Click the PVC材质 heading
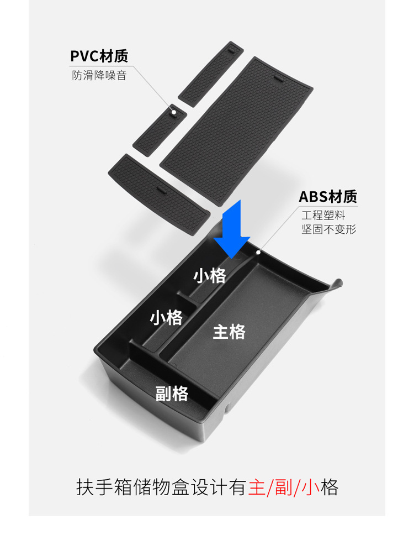click(x=99, y=56)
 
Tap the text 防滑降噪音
click(x=99, y=75)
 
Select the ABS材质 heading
click(x=328, y=196)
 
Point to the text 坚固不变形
click(x=328, y=228)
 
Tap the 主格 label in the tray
click(x=229, y=332)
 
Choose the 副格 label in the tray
click(x=172, y=394)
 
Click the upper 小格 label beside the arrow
click(x=210, y=276)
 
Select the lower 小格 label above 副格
click(x=166, y=318)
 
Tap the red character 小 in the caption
click(x=313, y=488)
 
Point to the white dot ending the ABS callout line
click(x=259, y=252)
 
